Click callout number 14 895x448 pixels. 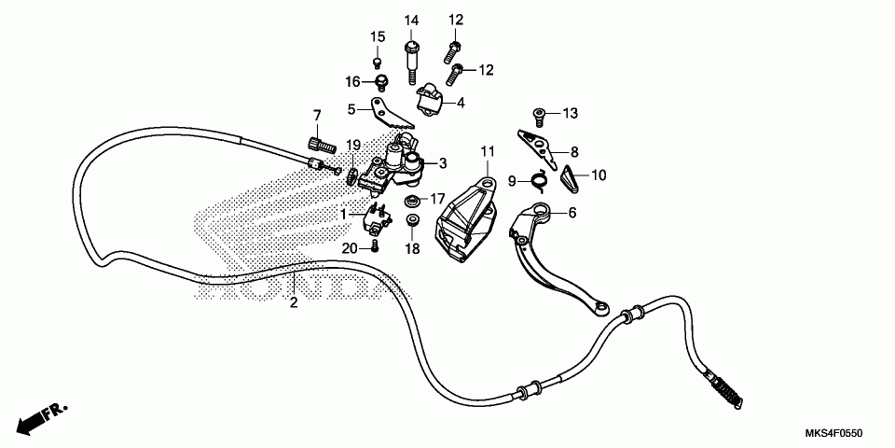coord(411,21)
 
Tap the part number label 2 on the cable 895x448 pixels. coord(293,302)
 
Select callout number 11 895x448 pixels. coord(486,151)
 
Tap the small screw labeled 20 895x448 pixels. coord(374,245)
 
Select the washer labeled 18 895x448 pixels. coord(412,222)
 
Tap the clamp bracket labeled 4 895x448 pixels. coord(430,98)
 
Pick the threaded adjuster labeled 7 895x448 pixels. coord(319,145)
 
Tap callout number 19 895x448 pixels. coord(353,145)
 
